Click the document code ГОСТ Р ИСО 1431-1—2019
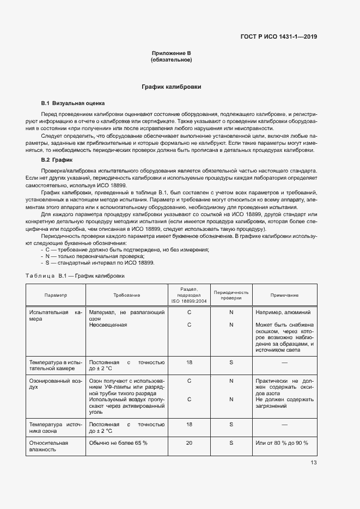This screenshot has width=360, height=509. pyautogui.click(x=278, y=37)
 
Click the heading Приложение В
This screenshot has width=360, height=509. pyautogui.click(x=171, y=53)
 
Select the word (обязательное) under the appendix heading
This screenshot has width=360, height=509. pyautogui.click(x=171, y=59)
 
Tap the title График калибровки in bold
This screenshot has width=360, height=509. pyautogui.click(x=171, y=87)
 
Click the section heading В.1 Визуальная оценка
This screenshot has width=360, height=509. pyautogui.click(x=73, y=103)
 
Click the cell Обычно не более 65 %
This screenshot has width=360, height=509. pyautogui.click(x=118, y=443)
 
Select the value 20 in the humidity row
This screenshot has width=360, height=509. pyautogui.click(x=189, y=443)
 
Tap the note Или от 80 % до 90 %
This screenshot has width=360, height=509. pyautogui.click(x=282, y=443)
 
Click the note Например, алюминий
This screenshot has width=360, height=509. pyautogui.click(x=283, y=312)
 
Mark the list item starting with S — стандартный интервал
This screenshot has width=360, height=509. pyautogui.click(x=100, y=263)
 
